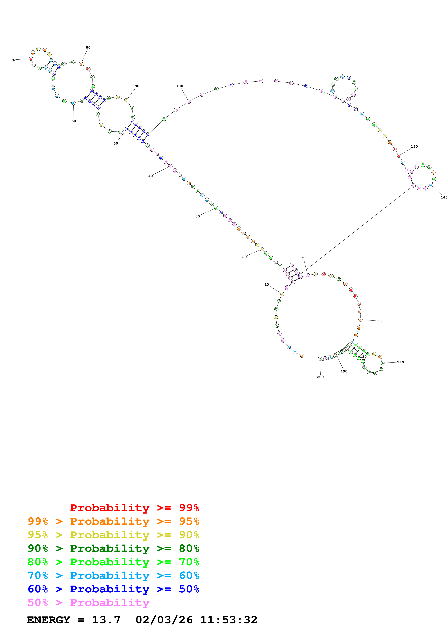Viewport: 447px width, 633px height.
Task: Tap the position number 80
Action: coord(88,47)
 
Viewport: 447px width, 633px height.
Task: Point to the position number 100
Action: coord(180,86)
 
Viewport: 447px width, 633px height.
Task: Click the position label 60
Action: coord(74,121)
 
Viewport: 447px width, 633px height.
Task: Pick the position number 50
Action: coord(116,143)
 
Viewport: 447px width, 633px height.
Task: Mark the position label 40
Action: coord(150,176)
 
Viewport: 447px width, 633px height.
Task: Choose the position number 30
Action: coord(197,216)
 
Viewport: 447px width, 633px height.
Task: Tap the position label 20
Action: coord(244,257)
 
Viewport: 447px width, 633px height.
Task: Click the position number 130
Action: coord(414,146)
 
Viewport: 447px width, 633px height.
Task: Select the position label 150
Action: coord(303,258)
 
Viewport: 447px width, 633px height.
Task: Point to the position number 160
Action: coord(378,321)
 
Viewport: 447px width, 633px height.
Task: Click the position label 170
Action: coord(400,362)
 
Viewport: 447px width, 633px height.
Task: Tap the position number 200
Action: coord(320,377)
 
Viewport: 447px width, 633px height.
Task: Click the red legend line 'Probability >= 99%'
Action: coord(134,508)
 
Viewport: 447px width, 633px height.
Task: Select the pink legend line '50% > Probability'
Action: coord(88,602)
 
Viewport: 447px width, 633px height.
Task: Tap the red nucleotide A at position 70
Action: coord(31,59)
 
